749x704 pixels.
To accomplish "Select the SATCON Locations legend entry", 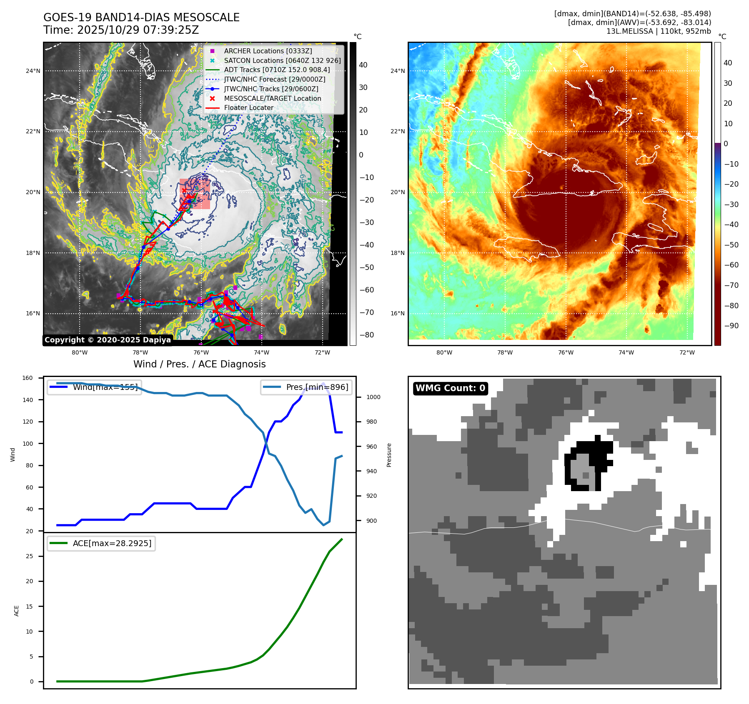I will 282,60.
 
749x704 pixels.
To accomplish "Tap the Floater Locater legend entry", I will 248,107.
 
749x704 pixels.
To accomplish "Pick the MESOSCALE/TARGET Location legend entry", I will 272,98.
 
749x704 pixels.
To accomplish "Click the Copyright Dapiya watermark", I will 108,340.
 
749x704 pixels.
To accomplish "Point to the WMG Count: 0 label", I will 450,388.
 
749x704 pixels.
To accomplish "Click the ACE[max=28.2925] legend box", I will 101,543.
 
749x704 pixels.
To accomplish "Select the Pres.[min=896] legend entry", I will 306,387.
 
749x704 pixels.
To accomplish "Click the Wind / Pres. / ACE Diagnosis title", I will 199,364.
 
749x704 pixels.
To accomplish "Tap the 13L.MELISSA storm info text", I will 659,31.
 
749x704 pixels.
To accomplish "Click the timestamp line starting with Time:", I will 121,30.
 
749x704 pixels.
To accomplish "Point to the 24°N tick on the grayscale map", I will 33,71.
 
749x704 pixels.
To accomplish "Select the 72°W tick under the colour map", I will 687,352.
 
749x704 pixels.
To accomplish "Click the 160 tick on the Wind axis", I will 28,378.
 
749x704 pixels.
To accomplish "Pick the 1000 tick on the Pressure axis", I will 373,397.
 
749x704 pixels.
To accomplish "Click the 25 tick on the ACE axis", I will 29,556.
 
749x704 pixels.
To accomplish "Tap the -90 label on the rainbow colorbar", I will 731,326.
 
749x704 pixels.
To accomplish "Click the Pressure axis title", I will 389,455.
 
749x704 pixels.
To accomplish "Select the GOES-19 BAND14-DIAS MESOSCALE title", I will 141,17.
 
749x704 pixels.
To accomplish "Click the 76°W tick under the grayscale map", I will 201,352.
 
